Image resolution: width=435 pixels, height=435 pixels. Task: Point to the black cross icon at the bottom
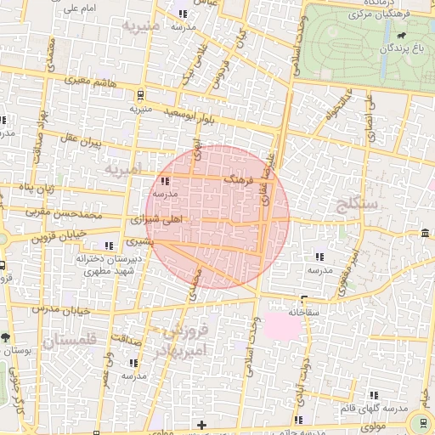click(x=201, y=424)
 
